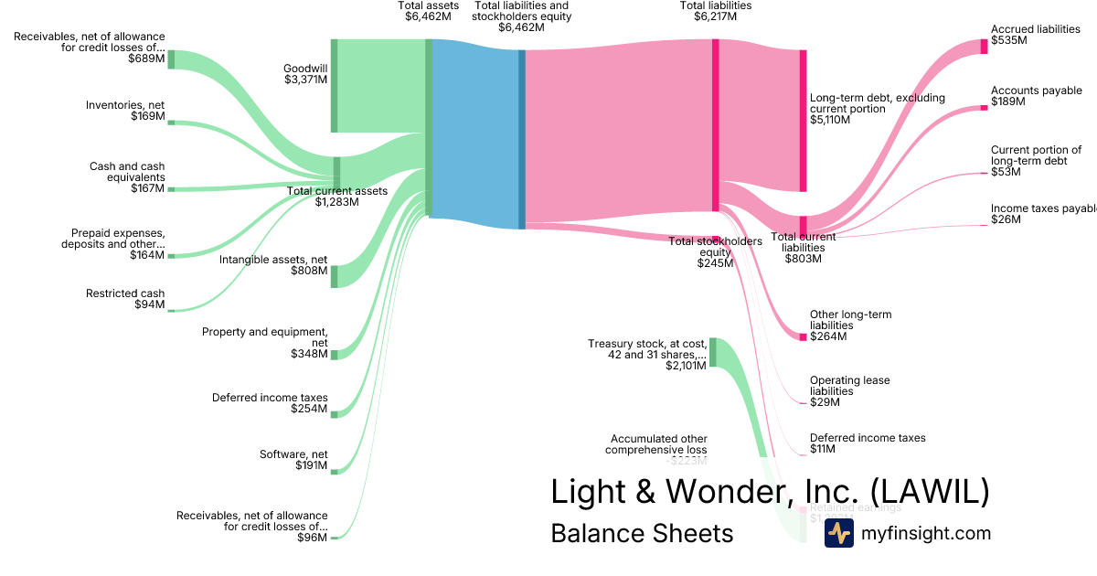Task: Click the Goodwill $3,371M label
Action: tap(305, 74)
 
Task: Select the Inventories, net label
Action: tap(125, 111)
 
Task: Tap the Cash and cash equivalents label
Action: tap(127, 177)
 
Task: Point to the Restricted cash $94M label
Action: tap(125, 299)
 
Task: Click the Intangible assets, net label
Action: tap(273, 265)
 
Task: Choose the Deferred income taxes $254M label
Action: tap(270, 403)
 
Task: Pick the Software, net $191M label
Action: tap(293, 459)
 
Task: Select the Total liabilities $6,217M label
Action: tap(716, 11)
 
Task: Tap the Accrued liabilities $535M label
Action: tap(1035, 35)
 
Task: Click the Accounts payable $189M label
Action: tap(1036, 96)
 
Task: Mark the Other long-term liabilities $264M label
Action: tap(850, 325)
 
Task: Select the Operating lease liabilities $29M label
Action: tap(849, 390)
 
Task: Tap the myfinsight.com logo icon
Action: tap(838, 533)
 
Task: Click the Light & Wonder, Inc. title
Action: tap(770, 492)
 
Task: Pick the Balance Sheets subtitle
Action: tap(642, 533)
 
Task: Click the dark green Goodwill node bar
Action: tap(335, 86)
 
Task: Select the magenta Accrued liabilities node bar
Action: tap(985, 46)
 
